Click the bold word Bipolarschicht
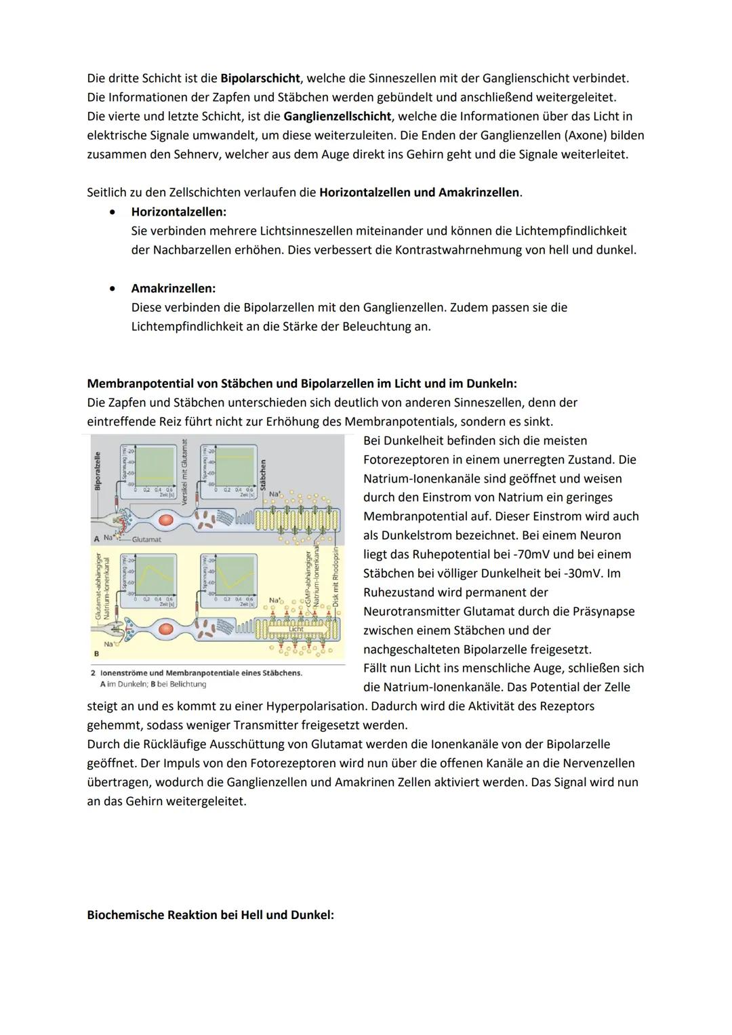coord(260,79)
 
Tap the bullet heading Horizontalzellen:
coord(179,212)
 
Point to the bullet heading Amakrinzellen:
coord(174,288)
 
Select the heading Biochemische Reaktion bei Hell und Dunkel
coord(210,915)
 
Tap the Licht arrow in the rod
coord(296,629)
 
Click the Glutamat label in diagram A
coord(146,540)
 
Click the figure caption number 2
coord(94,673)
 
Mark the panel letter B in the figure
coord(96,653)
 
